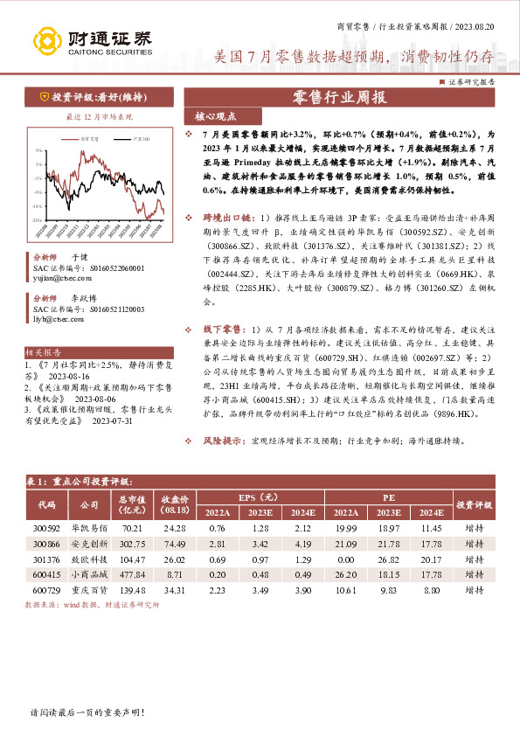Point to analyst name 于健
[79, 258]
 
